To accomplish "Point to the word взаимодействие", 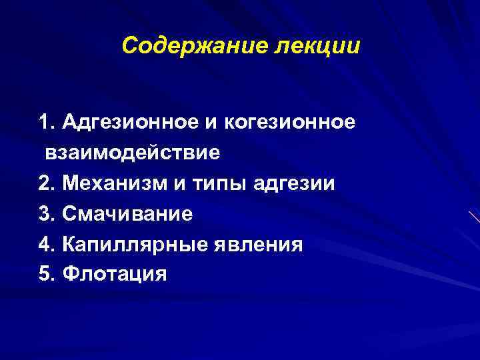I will pos(133,153).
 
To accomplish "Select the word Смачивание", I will pos(127,213).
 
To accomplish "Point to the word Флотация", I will pos(114,274).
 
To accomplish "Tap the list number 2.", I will pos(45,183).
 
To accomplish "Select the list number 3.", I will pos(45,213).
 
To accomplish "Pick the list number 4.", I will pos(45,244).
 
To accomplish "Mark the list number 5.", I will pos(45,274).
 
